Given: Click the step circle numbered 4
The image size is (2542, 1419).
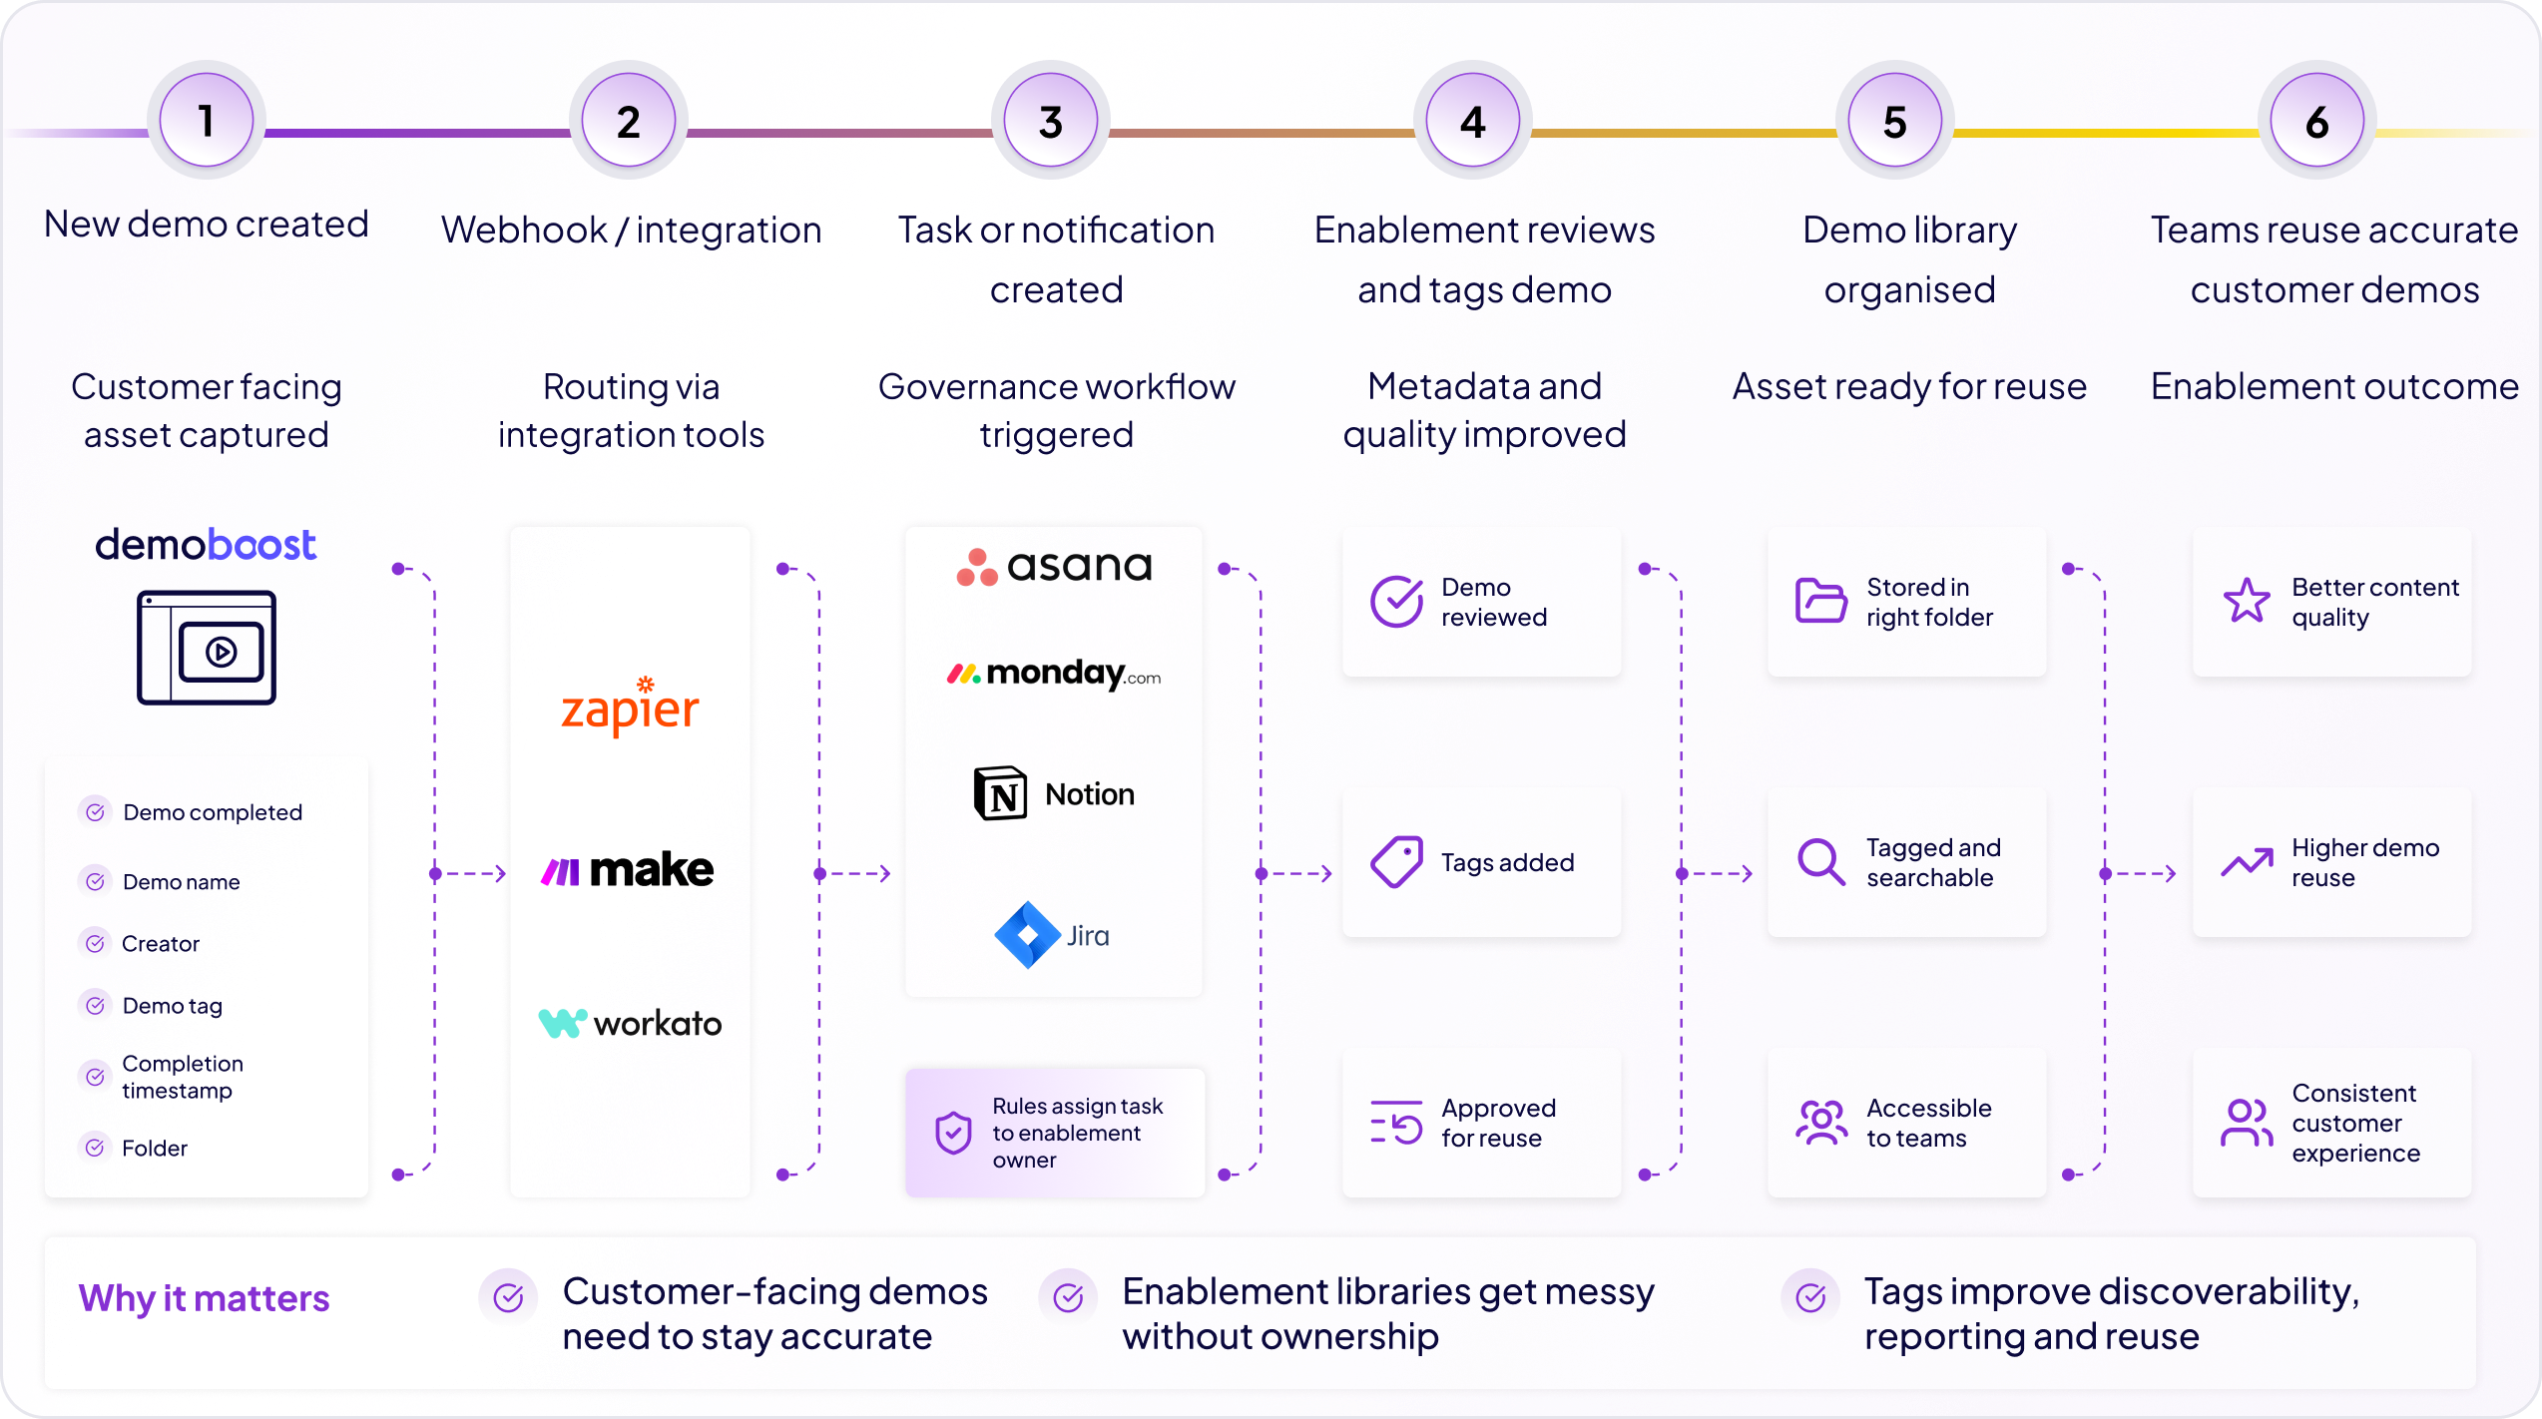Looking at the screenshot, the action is click(x=1472, y=121).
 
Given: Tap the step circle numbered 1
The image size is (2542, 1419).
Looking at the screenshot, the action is click(x=207, y=121).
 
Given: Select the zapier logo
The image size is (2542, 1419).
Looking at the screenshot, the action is click(x=630, y=707).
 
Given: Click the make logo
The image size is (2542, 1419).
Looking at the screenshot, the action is click(x=627, y=870).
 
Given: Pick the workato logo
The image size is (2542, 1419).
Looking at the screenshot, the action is click(x=630, y=1023).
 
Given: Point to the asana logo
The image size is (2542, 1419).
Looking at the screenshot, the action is click(x=1054, y=567).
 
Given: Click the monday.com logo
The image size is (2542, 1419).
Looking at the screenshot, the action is click(x=1054, y=674).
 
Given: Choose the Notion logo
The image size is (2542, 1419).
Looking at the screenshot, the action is click(x=1054, y=793).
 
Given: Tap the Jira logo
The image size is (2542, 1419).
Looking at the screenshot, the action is click(x=1052, y=935).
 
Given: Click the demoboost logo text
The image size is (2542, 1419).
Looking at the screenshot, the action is click(x=206, y=545).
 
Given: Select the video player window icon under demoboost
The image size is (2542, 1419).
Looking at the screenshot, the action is click(x=207, y=648).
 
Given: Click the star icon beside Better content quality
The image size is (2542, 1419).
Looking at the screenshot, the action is click(x=2247, y=601).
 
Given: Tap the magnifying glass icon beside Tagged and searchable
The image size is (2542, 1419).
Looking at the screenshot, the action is click(x=1821, y=861).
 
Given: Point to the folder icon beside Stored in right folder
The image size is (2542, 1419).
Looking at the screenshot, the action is click(x=1821, y=601).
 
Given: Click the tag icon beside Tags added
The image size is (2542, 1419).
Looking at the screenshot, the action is click(x=1396, y=861).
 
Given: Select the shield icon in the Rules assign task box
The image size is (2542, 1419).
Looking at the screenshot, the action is click(x=953, y=1133).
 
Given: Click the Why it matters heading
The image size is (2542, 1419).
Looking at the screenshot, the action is click(x=204, y=1298).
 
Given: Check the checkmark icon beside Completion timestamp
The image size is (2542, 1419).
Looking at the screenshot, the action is click(x=95, y=1077).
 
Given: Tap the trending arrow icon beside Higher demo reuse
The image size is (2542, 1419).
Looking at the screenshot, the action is click(x=2247, y=861).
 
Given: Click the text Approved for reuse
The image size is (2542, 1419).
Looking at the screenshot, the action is click(x=1498, y=1123).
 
